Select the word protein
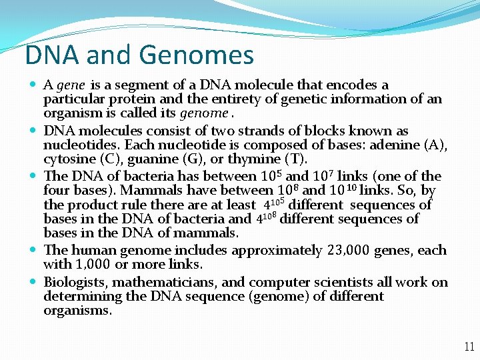click(x=131, y=99)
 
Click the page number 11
click(x=469, y=347)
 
